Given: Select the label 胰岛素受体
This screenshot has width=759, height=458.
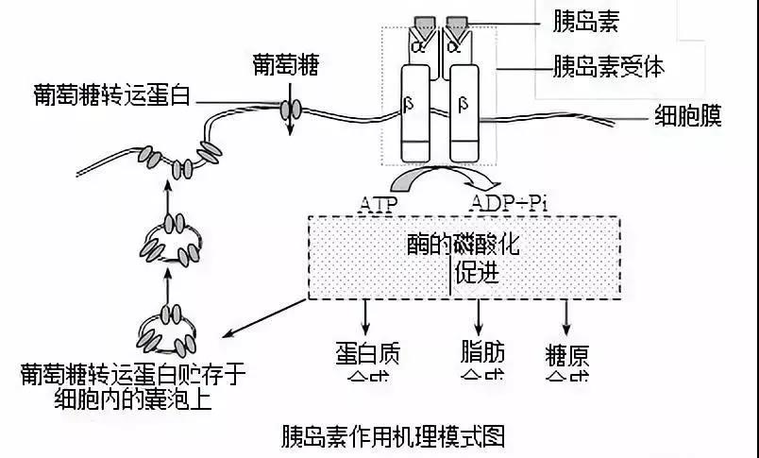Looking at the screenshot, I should coord(609,67).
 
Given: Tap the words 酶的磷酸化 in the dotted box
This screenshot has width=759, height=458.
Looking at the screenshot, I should coord(463,244).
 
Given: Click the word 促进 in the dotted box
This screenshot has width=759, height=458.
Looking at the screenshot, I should coord(476,273).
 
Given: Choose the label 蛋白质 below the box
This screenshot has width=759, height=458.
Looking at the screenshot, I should coord(367,352).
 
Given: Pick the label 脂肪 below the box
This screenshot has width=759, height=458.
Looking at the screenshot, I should coord(481,352).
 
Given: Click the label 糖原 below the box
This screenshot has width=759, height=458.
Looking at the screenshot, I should coord(567,354).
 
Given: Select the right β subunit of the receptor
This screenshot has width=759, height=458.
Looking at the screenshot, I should coord(464,102).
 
